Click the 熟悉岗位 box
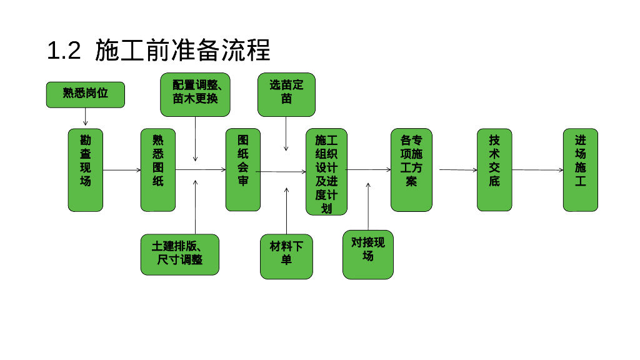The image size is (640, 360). pyautogui.click(x=86, y=94)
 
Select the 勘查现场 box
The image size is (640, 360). pyautogui.click(x=86, y=170)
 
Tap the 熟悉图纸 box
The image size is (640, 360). pyautogui.click(x=158, y=170)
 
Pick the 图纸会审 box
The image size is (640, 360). pyautogui.click(x=243, y=170)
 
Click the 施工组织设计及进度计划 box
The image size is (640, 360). pyautogui.click(x=326, y=172)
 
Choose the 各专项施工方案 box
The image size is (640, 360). pyautogui.click(x=411, y=170)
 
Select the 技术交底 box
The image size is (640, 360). pyautogui.click(x=494, y=170)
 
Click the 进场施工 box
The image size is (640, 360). pyautogui.click(x=581, y=170)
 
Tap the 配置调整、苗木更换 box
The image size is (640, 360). pyautogui.click(x=196, y=94)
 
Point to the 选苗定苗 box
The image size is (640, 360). pyautogui.click(x=286, y=94)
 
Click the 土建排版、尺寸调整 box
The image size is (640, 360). pyautogui.click(x=180, y=254)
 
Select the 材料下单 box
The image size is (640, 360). pyautogui.click(x=286, y=256)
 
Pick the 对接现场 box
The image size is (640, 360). pyautogui.click(x=368, y=254)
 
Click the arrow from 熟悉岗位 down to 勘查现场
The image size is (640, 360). pyautogui.click(x=86, y=117)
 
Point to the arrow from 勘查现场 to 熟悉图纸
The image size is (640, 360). pyautogui.click(x=122, y=170)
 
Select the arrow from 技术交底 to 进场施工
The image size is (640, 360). pyautogui.click(x=537, y=170)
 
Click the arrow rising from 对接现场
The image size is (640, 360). pyautogui.click(x=368, y=206)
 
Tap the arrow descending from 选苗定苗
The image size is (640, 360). pyautogui.click(x=286, y=134)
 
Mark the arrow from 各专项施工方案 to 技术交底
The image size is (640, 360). pyautogui.click(x=458, y=170)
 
